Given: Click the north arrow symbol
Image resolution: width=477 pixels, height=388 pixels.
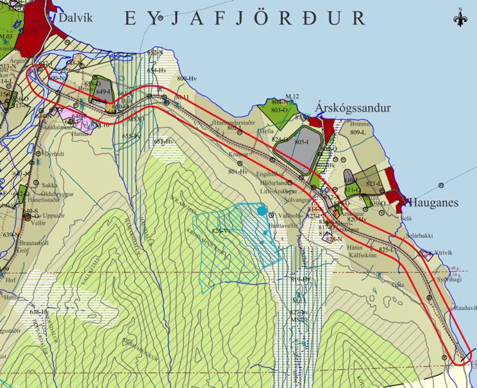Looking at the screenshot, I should coord(460,18).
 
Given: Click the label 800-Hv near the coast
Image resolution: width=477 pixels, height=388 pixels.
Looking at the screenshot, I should coord(186,78).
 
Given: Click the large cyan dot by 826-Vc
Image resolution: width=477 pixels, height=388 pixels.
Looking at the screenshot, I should coord(261,210).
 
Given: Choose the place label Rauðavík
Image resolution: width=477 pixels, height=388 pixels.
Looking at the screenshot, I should coord(465,308).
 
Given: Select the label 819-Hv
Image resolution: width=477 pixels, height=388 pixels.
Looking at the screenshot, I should coord(300,280).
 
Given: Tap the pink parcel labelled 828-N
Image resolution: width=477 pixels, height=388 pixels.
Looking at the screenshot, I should coord(332,239).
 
